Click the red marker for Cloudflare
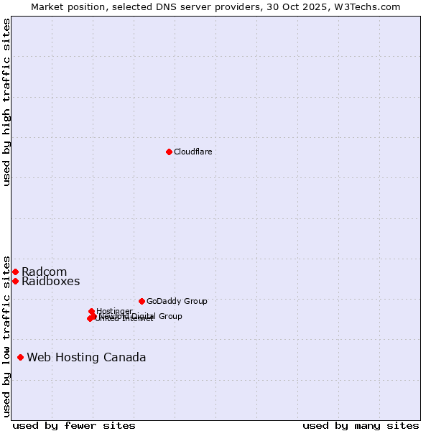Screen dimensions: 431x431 tap(169, 152)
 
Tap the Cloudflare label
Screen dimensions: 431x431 tap(193, 152)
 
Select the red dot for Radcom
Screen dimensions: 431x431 tap(15, 272)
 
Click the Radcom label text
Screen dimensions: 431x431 tap(44, 272)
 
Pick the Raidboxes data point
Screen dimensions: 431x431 tap(15, 281)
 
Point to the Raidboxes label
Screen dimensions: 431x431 tap(50, 282)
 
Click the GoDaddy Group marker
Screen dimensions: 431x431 tap(142, 301)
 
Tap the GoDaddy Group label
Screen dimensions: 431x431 tap(177, 301)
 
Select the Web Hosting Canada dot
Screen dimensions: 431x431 tap(20, 357)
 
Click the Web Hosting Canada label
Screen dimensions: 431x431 tap(86, 357)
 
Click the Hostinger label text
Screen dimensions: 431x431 tap(114, 311)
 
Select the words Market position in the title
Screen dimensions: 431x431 tap(65, 6)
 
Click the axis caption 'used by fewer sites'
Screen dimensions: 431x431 tap(74, 425)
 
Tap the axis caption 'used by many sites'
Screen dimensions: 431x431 tap(361, 425)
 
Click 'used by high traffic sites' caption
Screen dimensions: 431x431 tap(6, 102)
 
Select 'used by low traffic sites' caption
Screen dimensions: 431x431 tap(6, 335)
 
